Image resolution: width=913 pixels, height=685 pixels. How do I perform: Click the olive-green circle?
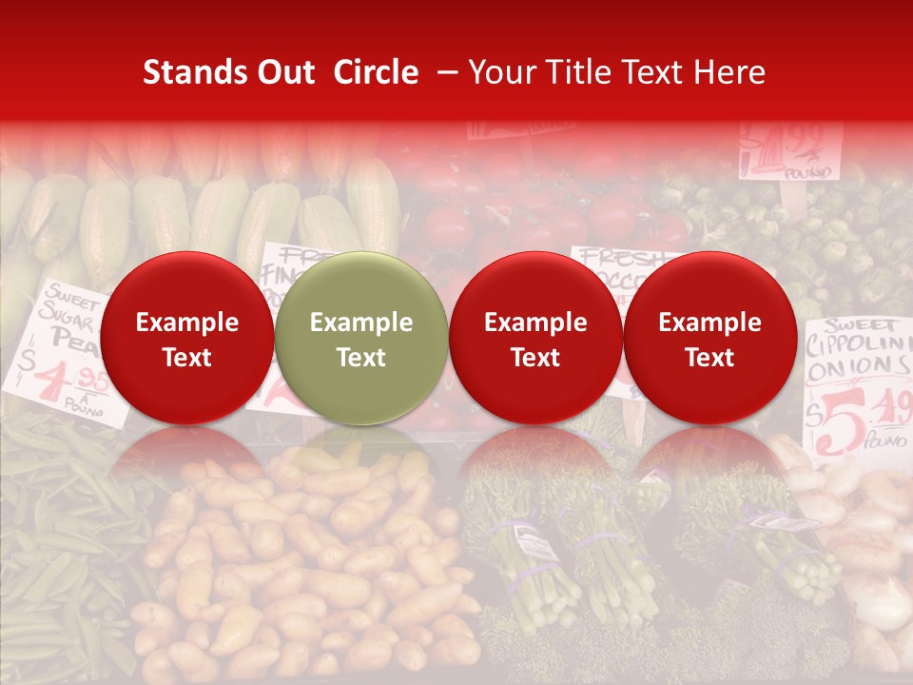[x=360, y=338]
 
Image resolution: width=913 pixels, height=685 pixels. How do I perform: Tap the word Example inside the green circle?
[x=361, y=323]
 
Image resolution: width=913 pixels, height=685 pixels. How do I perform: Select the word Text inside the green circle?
[x=361, y=358]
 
